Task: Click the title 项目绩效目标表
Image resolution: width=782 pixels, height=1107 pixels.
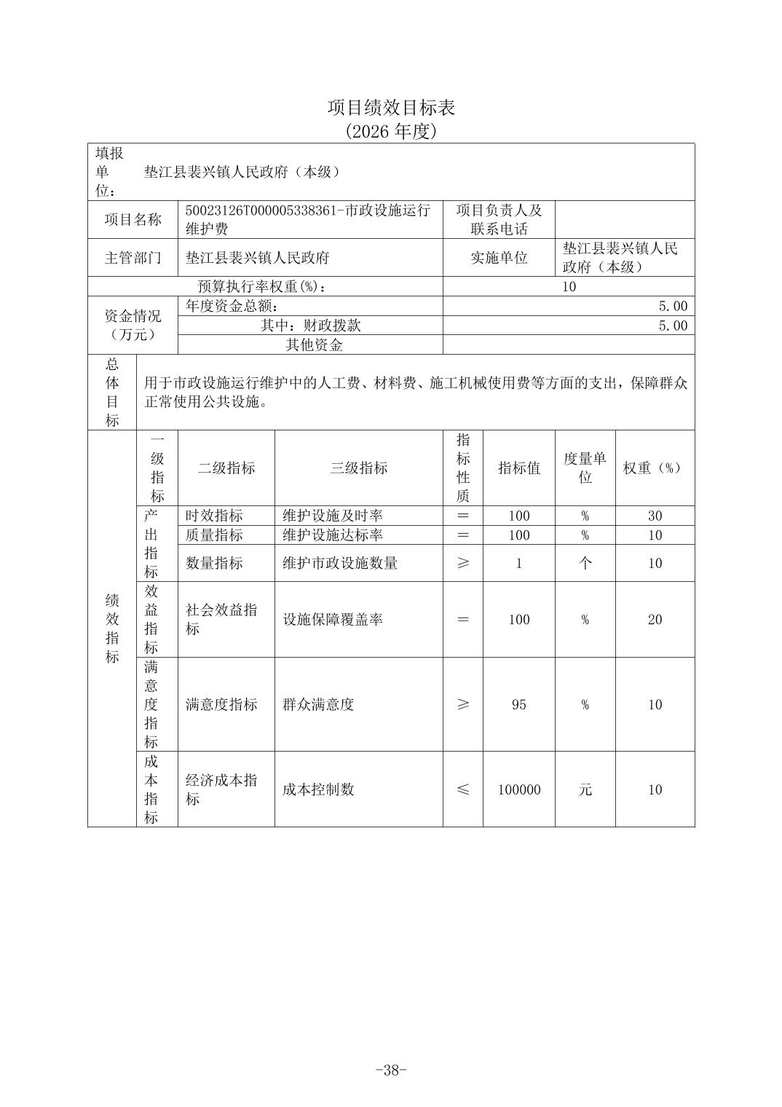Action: (391, 108)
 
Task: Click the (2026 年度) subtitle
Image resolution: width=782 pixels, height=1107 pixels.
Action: (391, 131)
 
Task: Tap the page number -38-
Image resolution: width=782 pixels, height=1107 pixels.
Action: (391, 1070)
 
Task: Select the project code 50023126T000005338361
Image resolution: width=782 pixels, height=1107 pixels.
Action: (261, 210)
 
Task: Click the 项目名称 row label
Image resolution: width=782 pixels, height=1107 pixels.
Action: (133, 220)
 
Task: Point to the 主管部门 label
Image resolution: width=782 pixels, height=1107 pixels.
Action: (133, 258)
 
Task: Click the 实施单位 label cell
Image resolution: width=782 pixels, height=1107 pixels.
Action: (499, 258)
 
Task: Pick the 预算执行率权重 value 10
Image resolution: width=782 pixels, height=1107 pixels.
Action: (569, 287)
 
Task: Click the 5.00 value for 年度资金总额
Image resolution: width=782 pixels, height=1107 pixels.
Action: (672, 307)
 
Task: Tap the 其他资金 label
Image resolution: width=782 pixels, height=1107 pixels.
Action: (314, 345)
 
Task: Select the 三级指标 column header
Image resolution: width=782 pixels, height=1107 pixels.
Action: (358, 468)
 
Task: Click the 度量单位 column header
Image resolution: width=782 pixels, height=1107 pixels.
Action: (585, 468)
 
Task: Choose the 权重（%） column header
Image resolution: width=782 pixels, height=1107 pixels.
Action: (654, 468)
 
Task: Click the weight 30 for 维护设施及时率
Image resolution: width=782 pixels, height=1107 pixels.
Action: (655, 516)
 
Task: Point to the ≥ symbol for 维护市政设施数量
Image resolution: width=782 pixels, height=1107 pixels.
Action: (462, 563)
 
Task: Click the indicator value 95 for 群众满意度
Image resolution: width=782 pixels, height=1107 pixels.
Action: (518, 705)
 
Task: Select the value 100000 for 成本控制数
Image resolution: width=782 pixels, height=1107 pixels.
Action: (518, 789)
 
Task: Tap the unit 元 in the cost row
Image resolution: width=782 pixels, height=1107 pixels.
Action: (585, 789)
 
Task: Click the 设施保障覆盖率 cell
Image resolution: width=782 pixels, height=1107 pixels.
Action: (333, 620)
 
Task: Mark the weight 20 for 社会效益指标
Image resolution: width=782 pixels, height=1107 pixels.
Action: (655, 620)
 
